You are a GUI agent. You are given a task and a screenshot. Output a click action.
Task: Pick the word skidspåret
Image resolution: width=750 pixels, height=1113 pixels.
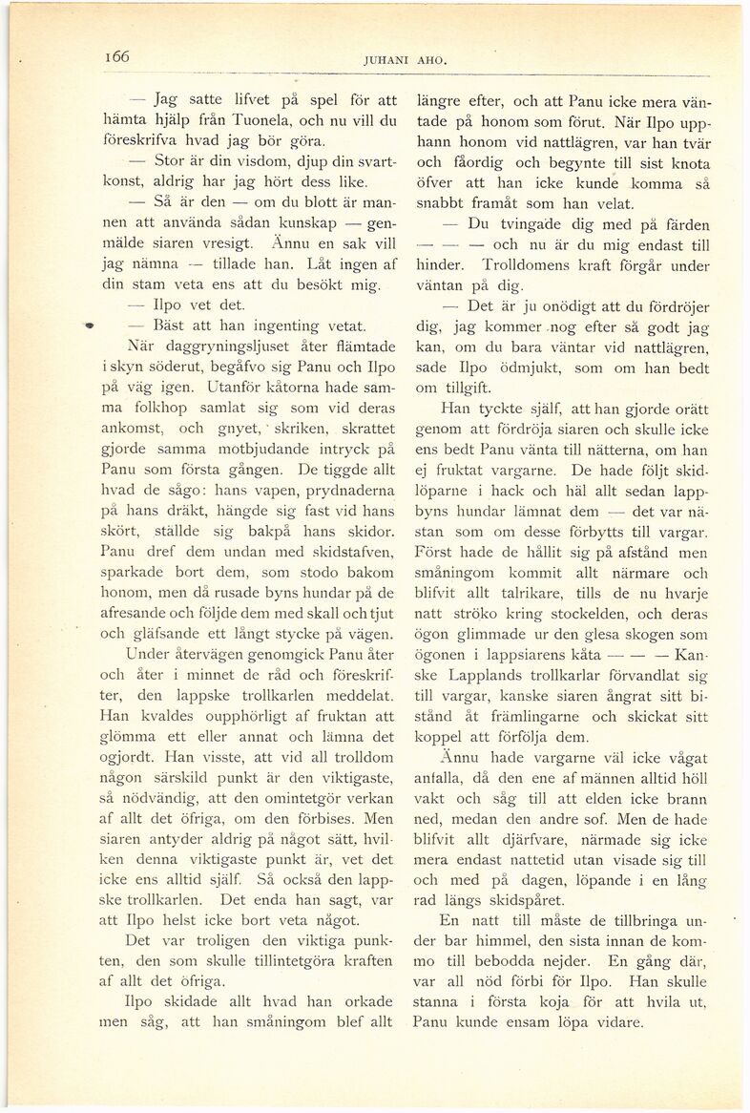[x=551, y=899]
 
